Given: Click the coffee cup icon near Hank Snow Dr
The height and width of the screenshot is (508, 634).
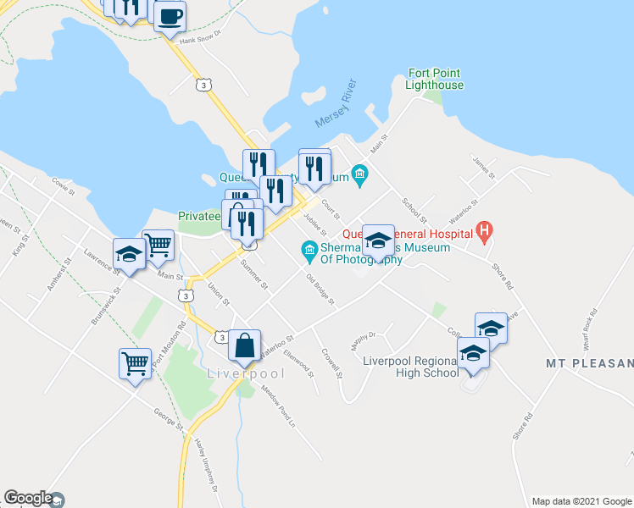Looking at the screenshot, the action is point(170,16).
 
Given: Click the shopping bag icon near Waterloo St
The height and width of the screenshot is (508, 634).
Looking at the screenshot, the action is point(244,345).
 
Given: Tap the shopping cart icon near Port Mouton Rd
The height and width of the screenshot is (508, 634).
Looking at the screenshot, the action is point(136,364).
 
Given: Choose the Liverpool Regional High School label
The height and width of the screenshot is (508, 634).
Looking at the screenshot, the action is point(410,367).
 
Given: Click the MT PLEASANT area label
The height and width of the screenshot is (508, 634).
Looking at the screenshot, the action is point(588,364).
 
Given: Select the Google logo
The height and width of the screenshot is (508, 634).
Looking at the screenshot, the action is point(28,499).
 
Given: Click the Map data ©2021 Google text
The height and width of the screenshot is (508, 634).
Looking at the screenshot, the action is point(581,501).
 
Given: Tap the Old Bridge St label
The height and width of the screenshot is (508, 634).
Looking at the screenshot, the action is point(320,290).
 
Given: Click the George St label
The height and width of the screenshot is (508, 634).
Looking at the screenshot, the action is point(166,417).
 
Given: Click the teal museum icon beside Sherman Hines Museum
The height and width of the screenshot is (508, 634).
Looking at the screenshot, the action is point(309,248).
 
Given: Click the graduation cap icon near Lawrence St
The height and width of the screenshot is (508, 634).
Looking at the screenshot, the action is point(129,254).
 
